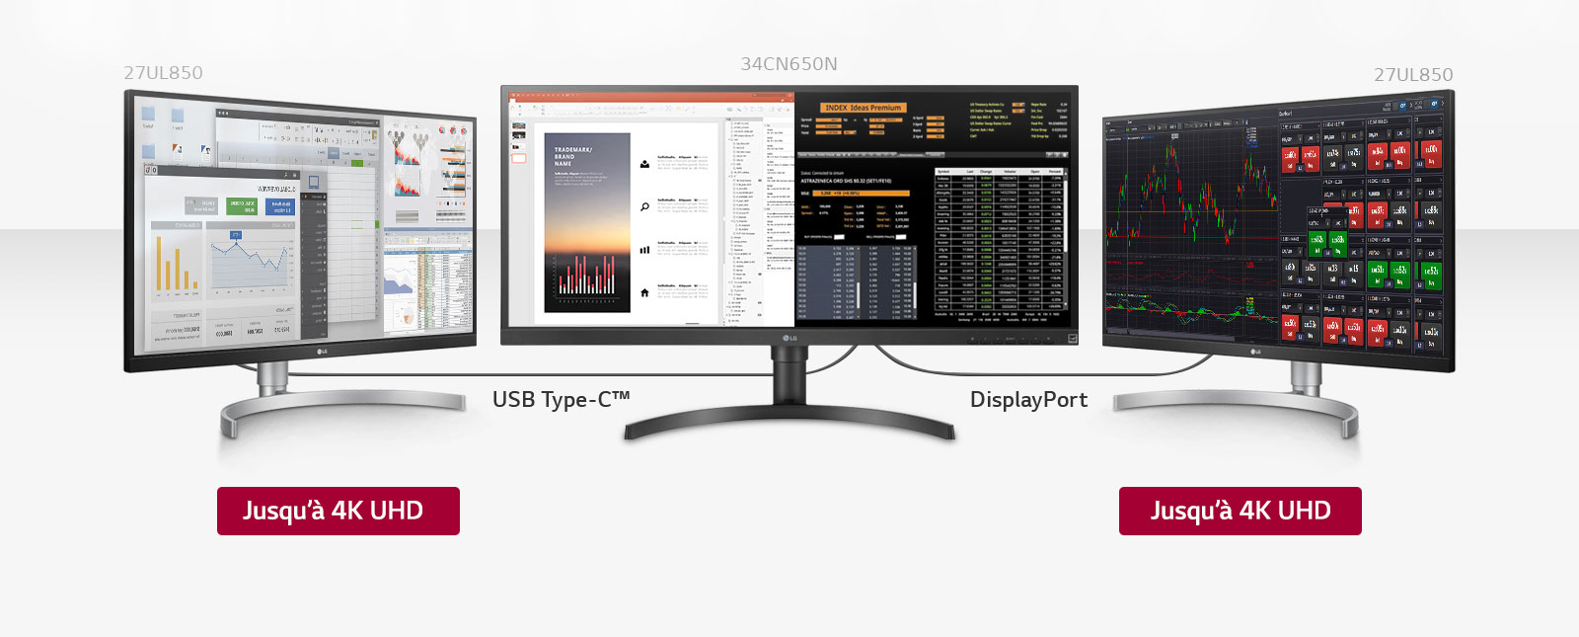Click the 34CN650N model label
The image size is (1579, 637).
pos(789,64)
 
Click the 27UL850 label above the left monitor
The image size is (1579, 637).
pos(164,73)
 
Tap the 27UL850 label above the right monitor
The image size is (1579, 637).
pos(1413,75)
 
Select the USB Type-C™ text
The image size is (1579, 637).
pos(561,400)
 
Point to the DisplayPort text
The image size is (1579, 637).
pos(1028,400)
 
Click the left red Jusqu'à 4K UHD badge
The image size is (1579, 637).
pos(338,511)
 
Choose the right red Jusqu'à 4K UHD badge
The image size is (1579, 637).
pos(1240,511)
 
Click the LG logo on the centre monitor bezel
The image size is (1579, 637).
pos(789,339)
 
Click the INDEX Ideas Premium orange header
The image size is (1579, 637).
pos(863,108)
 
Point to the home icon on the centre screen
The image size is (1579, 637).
pos(644,292)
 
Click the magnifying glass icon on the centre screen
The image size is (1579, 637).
pos(644,206)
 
